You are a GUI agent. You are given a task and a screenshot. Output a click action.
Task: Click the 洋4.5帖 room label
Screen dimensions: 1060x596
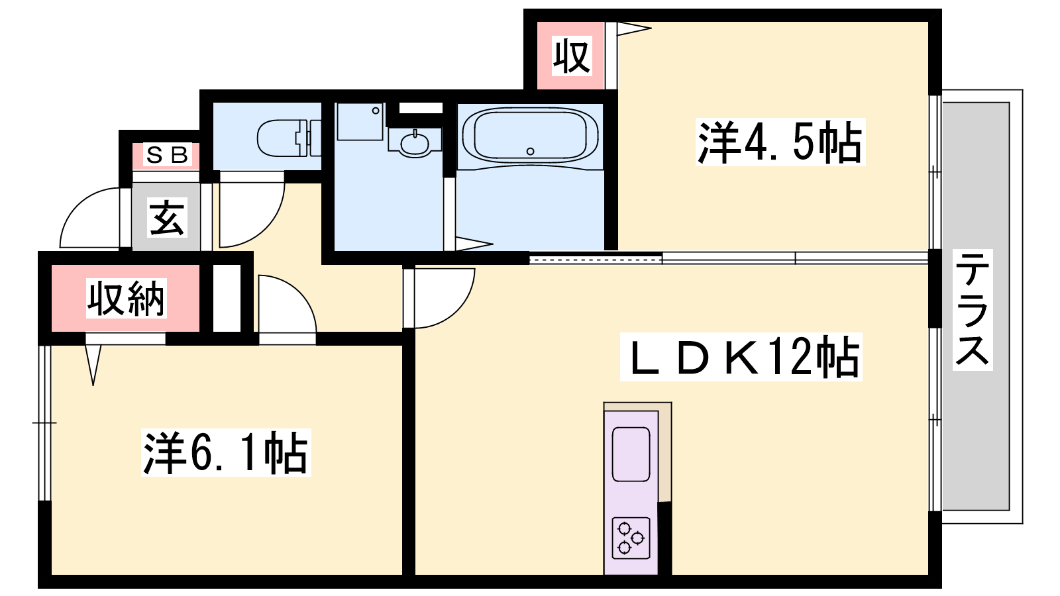coord(780,142)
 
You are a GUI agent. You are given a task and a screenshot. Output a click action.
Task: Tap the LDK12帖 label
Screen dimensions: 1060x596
coord(741,357)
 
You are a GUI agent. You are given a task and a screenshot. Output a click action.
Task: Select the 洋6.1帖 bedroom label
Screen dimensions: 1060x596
coord(226,452)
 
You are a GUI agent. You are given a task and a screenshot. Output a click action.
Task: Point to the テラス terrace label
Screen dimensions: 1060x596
coord(972,310)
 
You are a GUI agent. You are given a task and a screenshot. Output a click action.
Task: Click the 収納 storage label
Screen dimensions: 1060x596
coord(126,298)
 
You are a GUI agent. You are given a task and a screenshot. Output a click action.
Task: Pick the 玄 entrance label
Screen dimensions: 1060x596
coord(166,218)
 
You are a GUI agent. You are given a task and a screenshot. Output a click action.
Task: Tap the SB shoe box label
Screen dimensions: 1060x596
coord(167,155)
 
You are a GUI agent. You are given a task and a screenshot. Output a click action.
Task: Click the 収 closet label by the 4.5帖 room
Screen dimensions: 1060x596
coord(572,56)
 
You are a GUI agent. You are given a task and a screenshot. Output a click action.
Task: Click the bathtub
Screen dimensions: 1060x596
coord(530,136)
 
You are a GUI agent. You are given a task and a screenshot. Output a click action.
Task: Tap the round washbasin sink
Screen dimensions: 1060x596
coord(415,143)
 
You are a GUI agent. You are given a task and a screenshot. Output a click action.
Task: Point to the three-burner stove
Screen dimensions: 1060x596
coord(631,538)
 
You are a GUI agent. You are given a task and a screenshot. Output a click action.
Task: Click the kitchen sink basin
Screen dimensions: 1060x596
coord(631,454)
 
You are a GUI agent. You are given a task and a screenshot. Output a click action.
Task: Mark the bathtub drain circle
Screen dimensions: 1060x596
coord(531,152)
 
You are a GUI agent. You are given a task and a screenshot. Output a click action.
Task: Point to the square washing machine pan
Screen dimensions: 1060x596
coord(360,122)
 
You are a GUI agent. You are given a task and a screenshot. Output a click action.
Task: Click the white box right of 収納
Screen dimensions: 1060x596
coord(227,298)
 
